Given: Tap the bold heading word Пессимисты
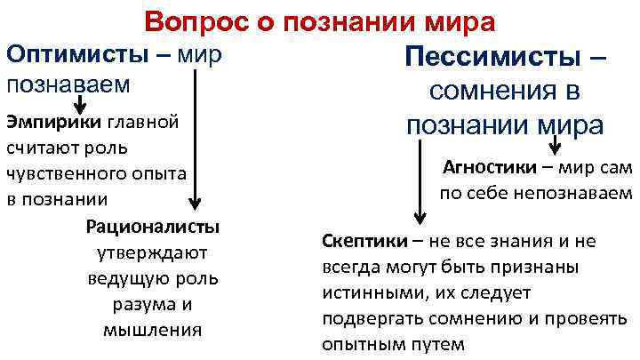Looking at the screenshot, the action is [x=493, y=58].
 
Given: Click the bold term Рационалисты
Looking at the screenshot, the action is [x=153, y=228].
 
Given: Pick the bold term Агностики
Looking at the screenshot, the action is [x=488, y=168].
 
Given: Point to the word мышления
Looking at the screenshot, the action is [x=153, y=330].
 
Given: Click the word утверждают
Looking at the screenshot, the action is [x=153, y=253].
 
